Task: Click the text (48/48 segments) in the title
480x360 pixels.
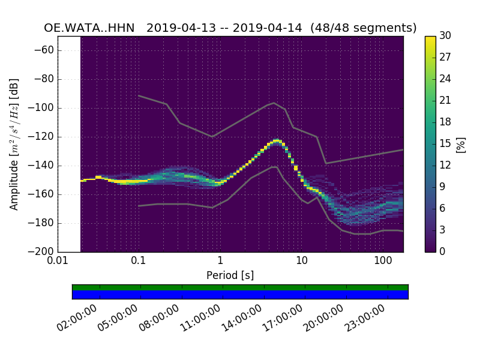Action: pyautogui.click(x=370, y=28)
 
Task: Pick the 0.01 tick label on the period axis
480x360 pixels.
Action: pyautogui.click(x=58, y=261)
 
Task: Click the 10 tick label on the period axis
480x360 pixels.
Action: pyautogui.click(x=301, y=261)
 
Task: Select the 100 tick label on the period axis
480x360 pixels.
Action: pyautogui.click(x=383, y=261)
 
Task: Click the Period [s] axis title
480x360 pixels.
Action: pyautogui.click(x=230, y=275)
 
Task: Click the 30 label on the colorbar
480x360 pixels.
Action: pyautogui.click(x=445, y=36)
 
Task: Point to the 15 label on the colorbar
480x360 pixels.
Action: pyautogui.click(x=445, y=143)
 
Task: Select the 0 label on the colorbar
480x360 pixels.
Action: pyautogui.click(x=443, y=251)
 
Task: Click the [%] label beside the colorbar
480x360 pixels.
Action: pyautogui.click(x=461, y=144)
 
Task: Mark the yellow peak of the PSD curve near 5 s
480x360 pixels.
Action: pyautogui.click(x=277, y=140)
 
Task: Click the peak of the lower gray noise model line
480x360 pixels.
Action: pyautogui.click(x=274, y=167)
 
